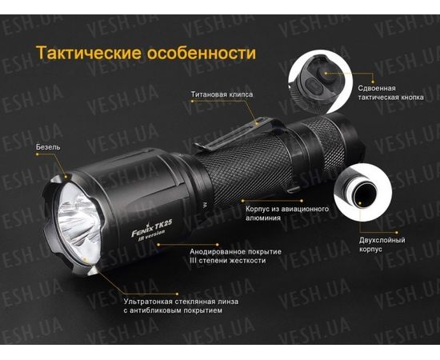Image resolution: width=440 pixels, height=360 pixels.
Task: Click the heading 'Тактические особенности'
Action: point(146,54)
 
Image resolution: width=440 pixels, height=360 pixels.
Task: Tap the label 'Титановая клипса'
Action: point(222,94)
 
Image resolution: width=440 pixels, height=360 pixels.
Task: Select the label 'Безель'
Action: point(47,147)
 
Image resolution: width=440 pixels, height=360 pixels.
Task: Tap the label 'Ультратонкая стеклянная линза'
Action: point(175,302)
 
